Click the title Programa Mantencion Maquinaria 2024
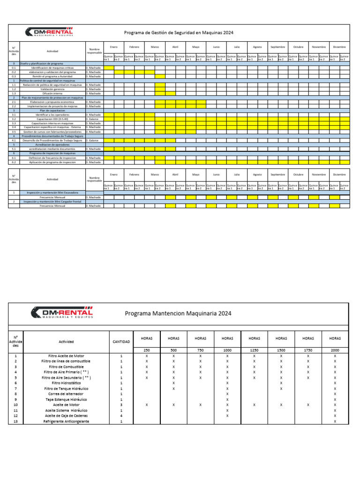pyautogui.click(x=178, y=313)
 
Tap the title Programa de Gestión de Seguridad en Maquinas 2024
pyautogui.click(x=178, y=33)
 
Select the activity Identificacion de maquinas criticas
pyautogui.click(x=52, y=68)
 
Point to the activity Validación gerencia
pyautogui.click(x=52, y=89)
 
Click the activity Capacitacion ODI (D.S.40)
pyautogui.click(x=52, y=119)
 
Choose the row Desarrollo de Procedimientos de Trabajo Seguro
pyautogui.click(x=52, y=140)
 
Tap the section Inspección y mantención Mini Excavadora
pyautogui.click(x=52, y=193)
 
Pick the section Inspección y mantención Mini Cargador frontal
pyautogui.click(x=52, y=202)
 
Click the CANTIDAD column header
pyautogui.click(x=121, y=342)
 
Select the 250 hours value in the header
pyautogui.click(x=147, y=350)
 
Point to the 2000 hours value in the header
pyautogui.click(x=335, y=350)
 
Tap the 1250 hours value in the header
pyautogui.click(x=255, y=350)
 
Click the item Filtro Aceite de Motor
pyautogui.click(x=66, y=356)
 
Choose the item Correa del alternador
pyautogui.click(x=66, y=394)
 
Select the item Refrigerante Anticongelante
pyautogui.click(x=66, y=421)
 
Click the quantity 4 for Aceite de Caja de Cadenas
pyautogui.click(x=121, y=416)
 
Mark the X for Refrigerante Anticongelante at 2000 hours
pyautogui.click(x=335, y=421)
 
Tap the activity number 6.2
pyautogui.click(x=14, y=162)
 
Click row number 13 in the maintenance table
pyautogui.click(x=15, y=421)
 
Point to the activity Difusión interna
pyautogui.click(x=52, y=93)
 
